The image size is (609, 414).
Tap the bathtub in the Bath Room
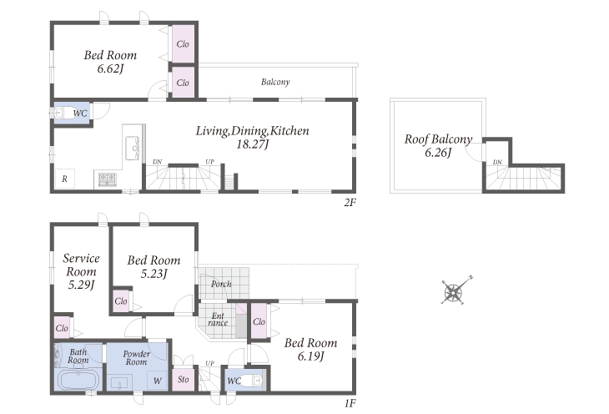[x=79, y=380]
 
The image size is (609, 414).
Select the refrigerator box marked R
[x=65, y=179]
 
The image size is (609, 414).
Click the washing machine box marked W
[x=157, y=381]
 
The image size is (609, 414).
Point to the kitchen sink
[x=132, y=148]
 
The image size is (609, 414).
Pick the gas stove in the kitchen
[x=107, y=179]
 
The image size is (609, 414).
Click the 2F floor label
[x=350, y=203]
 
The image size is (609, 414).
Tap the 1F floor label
[x=350, y=403]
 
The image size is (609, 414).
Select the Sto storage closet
[x=183, y=379]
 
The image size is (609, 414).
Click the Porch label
[x=221, y=284]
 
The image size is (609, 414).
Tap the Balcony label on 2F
[x=275, y=82]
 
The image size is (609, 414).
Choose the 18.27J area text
[x=253, y=144]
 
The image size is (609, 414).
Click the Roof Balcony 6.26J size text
[x=438, y=153]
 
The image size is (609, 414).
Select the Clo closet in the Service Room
[x=62, y=327]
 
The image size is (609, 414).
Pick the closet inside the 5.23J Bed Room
[x=121, y=300]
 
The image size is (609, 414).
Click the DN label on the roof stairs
[x=497, y=162]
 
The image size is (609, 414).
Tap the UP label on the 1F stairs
[x=209, y=363]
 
